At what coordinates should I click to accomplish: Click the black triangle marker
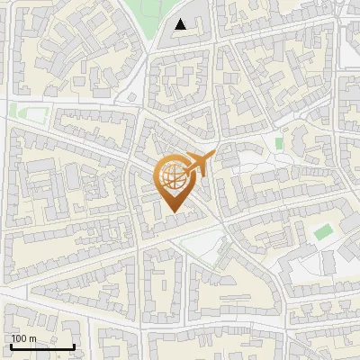(x=181, y=24)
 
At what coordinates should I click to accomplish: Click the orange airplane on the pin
(x=196, y=165)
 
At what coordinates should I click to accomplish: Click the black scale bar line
(x=42, y=346)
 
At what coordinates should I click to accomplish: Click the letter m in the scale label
(x=32, y=339)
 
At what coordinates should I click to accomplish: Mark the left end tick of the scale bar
(x=11, y=345)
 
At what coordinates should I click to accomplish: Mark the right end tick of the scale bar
(x=74, y=345)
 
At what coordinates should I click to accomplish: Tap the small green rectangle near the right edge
(x=322, y=232)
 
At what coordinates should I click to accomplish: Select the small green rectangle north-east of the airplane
(x=280, y=144)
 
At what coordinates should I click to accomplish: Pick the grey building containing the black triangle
(x=184, y=31)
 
